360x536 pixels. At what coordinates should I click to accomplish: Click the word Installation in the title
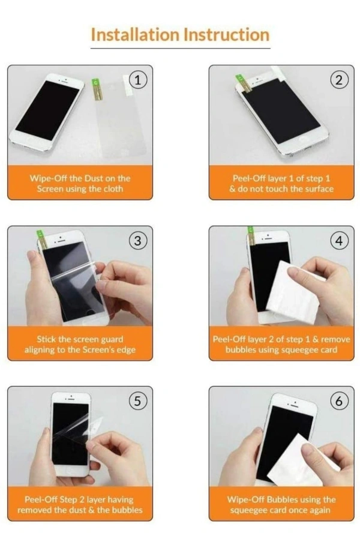click(x=135, y=35)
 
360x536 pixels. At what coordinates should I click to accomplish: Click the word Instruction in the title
click(x=226, y=35)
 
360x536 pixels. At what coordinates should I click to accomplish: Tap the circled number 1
click(x=137, y=80)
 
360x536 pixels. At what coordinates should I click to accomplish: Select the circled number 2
click(x=339, y=80)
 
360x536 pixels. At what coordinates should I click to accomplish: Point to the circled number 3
click(x=137, y=241)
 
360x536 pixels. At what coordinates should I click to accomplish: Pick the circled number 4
click(x=339, y=241)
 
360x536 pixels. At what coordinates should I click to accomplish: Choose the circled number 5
click(x=137, y=400)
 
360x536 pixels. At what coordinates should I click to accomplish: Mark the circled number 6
click(x=339, y=400)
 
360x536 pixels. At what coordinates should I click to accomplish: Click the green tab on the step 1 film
click(x=95, y=83)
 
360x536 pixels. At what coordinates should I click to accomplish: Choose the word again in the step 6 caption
click(x=320, y=511)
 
